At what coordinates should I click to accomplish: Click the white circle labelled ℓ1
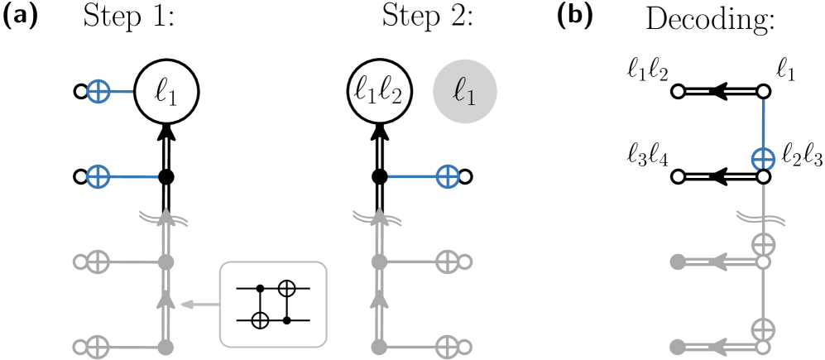[166, 92]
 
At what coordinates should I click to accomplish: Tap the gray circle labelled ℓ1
[465, 92]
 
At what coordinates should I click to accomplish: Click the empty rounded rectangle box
[273, 305]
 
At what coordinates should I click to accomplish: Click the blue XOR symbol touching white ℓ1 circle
[98, 92]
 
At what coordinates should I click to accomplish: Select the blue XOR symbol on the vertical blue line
[763, 160]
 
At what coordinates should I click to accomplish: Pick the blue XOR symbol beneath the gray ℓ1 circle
[448, 176]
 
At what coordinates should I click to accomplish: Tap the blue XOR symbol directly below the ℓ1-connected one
[98, 176]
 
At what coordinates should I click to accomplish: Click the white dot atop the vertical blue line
[763, 91]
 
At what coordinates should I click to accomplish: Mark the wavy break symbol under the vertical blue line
[760, 218]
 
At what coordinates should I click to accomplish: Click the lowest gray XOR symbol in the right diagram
[763, 329]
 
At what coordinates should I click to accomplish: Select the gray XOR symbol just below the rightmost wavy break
[763, 244]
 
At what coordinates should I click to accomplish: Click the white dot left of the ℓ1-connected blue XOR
[81, 92]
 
